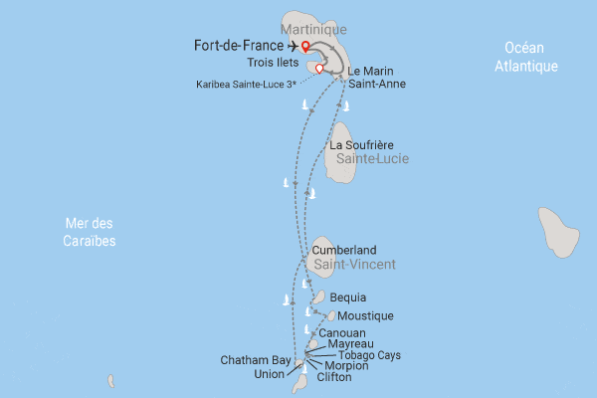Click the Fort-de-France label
[238, 45]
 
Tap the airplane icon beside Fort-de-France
[291, 45]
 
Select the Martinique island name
[319, 31]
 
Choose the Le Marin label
[370, 72]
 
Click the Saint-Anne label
[377, 85]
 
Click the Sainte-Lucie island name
[372, 159]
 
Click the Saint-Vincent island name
[354, 265]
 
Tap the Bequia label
[347, 298]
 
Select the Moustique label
[366, 316]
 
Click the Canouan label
[342, 332]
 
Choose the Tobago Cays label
[369, 355]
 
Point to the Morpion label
[346, 366]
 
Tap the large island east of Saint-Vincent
[558, 233]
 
